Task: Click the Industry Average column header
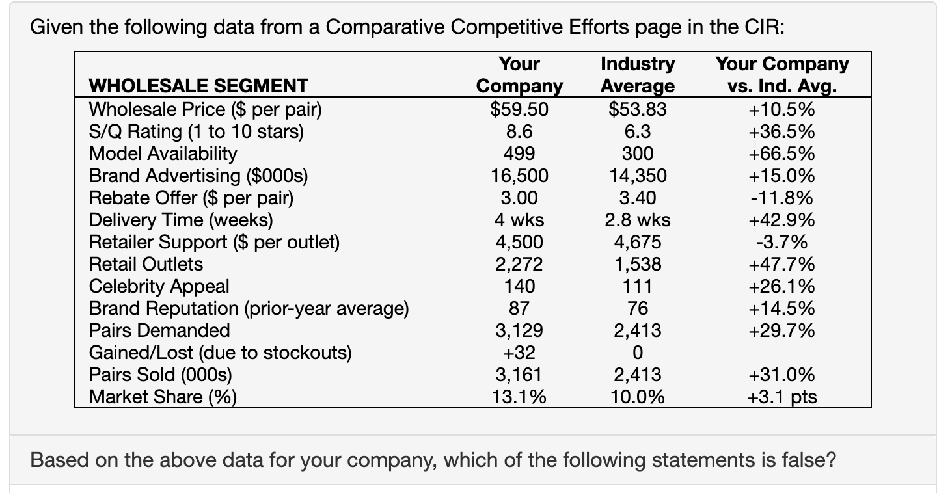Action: pos(637,75)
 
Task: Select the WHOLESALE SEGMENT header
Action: pos(198,86)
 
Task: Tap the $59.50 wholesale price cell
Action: pos(519,109)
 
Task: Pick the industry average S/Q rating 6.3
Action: pos(637,131)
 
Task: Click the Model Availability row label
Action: pos(163,153)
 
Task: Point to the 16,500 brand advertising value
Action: pos(519,176)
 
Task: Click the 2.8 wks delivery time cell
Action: pos(637,220)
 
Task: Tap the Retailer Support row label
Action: pos(214,242)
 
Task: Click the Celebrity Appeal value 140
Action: pos(519,286)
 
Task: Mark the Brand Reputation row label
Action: pos(249,308)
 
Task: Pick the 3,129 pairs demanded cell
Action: pos(519,330)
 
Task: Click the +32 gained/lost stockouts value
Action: pos(519,353)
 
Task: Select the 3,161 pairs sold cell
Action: pos(519,375)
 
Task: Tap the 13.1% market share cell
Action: pos(519,397)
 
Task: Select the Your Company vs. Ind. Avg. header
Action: pos(782,75)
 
